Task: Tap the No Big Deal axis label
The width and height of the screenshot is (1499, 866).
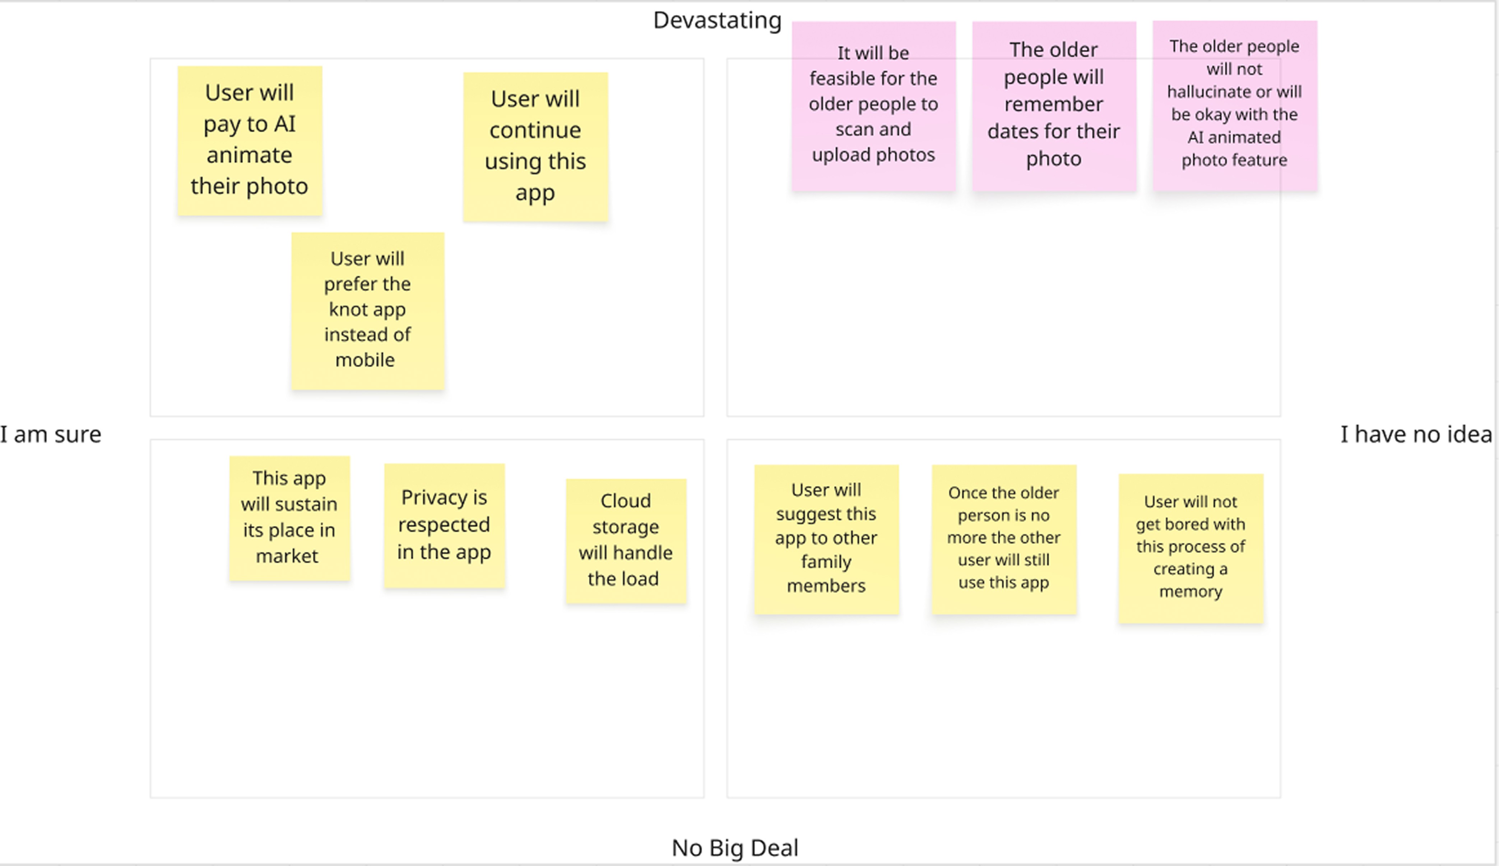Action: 735,848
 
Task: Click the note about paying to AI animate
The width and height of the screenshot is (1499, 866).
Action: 250,141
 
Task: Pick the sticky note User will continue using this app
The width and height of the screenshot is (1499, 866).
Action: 535,147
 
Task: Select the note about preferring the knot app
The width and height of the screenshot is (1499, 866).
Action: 368,311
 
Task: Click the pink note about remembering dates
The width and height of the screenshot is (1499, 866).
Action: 1054,106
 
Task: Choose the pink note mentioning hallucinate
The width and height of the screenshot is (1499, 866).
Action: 1235,106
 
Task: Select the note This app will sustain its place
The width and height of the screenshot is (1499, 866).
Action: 289,518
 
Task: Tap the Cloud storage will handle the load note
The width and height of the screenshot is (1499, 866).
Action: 626,541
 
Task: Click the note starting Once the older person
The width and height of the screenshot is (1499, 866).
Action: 1004,539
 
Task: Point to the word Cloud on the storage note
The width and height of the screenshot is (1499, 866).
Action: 625,501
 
